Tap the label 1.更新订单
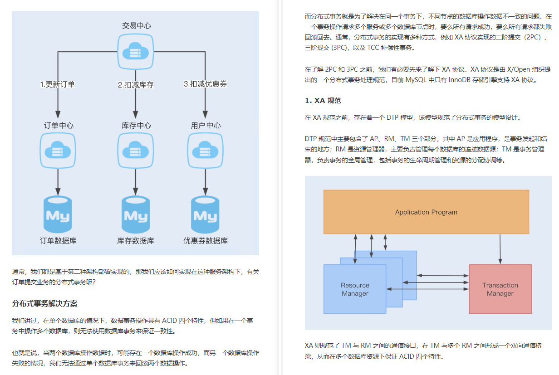[x=58, y=84]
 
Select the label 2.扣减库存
[x=135, y=85]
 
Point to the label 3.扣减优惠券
[x=205, y=84]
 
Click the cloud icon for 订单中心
[x=57, y=150]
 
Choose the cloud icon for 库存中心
[x=135, y=150]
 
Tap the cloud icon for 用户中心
[x=205, y=150]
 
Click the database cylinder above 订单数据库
[x=58, y=215]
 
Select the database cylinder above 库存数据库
[x=135, y=215]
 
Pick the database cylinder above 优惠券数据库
[x=205, y=215]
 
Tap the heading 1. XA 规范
[x=323, y=101]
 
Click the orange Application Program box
[x=426, y=212]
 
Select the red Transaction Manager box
[x=500, y=289]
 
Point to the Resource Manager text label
[x=355, y=289]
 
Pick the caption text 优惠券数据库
[x=206, y=241]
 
